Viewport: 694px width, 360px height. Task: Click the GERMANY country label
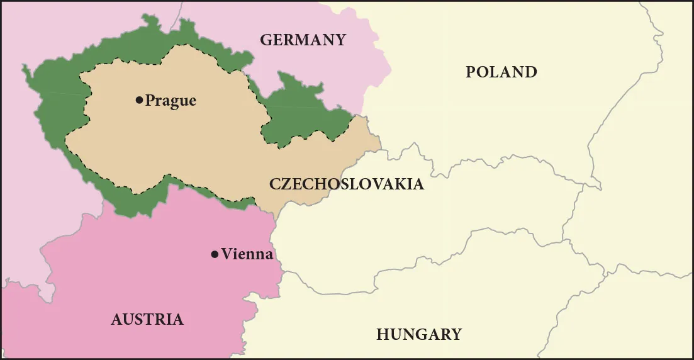click(303, 40)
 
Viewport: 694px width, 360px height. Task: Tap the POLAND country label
click(501, 72)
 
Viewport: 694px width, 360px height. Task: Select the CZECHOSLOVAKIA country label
click(346, 184)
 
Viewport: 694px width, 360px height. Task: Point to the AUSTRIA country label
click(147, 320)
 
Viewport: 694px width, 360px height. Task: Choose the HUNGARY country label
click(419, 334)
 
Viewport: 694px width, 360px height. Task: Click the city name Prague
click(171, 101)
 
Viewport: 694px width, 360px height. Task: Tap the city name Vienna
click(247, 254)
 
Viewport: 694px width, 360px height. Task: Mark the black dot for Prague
click(139, 100)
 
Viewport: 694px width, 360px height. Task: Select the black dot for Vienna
click(215, 254)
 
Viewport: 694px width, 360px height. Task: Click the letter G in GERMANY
click(266, 40)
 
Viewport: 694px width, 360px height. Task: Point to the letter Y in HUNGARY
click(456, 334)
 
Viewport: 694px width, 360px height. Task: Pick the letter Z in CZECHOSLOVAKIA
click(286, 184)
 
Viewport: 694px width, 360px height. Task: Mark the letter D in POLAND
click(530, 72)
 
